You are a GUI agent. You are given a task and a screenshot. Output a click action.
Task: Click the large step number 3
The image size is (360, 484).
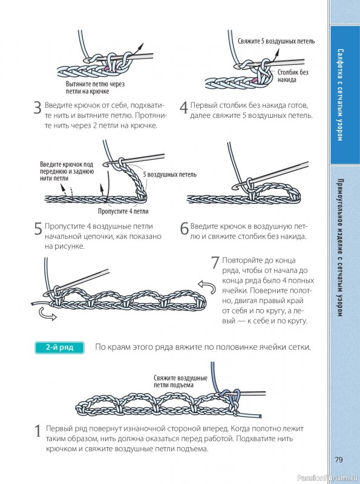(38, 108)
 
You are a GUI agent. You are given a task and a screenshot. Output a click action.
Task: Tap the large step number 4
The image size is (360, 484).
(184, 108)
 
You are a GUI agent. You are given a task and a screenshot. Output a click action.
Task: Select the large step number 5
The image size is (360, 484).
(38, 229)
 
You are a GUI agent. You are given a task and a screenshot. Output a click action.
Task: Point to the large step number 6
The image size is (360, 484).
(184, 229)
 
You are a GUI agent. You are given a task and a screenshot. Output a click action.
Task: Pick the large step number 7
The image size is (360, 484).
(215, 263)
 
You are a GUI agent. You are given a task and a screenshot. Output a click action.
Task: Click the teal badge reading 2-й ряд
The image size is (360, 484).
(59, 347)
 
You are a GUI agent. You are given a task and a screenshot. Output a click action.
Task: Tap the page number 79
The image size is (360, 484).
(339, 459)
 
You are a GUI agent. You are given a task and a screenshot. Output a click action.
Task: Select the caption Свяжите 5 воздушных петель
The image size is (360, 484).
(276, 41)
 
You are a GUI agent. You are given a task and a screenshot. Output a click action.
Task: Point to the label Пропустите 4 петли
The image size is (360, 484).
(123, 211)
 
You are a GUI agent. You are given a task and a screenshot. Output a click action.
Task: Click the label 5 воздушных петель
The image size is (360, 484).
(169, 174)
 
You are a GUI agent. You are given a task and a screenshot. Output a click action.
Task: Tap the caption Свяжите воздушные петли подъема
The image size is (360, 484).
(181, 381)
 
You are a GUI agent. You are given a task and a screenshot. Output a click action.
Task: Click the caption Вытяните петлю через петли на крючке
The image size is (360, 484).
(95, 88)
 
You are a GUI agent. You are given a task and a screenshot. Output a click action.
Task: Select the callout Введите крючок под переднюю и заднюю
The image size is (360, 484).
(67, 171)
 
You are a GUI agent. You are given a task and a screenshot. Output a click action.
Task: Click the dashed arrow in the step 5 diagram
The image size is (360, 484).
(71, 192)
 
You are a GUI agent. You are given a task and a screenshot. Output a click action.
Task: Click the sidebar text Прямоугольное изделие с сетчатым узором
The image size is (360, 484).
(340, 247)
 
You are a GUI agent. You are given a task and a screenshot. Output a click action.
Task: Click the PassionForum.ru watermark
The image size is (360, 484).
(328, 478)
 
